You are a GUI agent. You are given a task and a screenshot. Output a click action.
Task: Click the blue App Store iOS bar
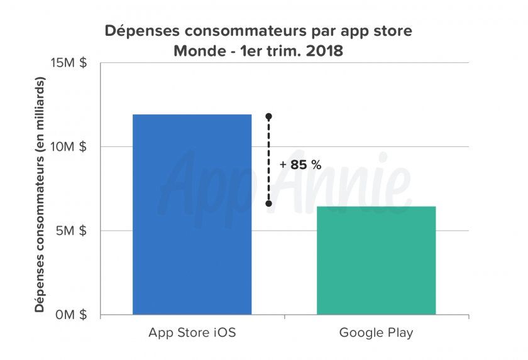tap(192, 214)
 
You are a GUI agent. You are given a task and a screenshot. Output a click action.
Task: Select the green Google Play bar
tap(376, 260)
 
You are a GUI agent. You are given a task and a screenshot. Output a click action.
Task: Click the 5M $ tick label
tap(72, 231)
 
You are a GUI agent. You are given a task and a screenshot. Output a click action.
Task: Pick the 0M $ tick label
tap(71, 315)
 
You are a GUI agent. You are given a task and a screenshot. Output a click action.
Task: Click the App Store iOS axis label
tap(192, 332)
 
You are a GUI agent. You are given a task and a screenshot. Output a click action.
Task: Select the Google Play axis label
tap(376, 332)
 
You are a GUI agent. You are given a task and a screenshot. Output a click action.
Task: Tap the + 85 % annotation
tap(300, 165)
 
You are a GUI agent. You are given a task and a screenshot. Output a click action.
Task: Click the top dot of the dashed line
tap(268, 116)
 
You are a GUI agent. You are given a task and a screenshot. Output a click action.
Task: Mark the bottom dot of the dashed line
tap(268, 204)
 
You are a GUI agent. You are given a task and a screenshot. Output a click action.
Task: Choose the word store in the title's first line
tap(393, 31)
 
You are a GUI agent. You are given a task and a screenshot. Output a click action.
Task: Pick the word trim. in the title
tap(282, 51)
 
